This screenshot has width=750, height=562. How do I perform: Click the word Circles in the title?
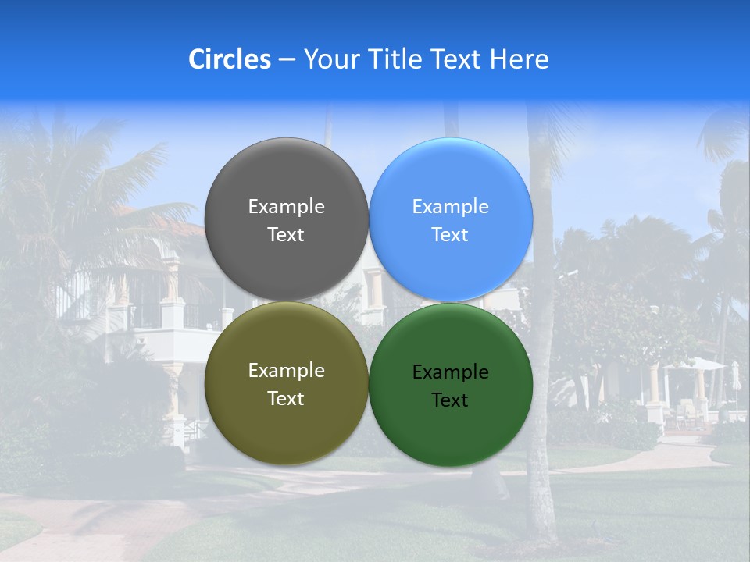click(x=230, y=59)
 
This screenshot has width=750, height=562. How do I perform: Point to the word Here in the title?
click(x=520, y=59)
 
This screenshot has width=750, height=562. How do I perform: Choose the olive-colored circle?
click(x=286, y=421)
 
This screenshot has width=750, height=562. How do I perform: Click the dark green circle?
click(x=451, y=429)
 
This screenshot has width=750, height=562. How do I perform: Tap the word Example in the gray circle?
click(x=286, y=207)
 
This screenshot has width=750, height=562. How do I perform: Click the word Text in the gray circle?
click(x=286, y=235)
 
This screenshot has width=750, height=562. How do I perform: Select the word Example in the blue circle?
click(x=451, y=207)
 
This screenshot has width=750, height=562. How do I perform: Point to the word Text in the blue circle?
click(x=451, y=235)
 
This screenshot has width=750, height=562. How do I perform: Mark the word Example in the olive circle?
click(x=286, y=371)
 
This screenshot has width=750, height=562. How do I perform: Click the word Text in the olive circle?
click(x=286, y=399)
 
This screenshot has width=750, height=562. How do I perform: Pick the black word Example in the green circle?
click(x=451, y=372)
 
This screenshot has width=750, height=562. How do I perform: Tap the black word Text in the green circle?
click(x=451, y=400)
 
